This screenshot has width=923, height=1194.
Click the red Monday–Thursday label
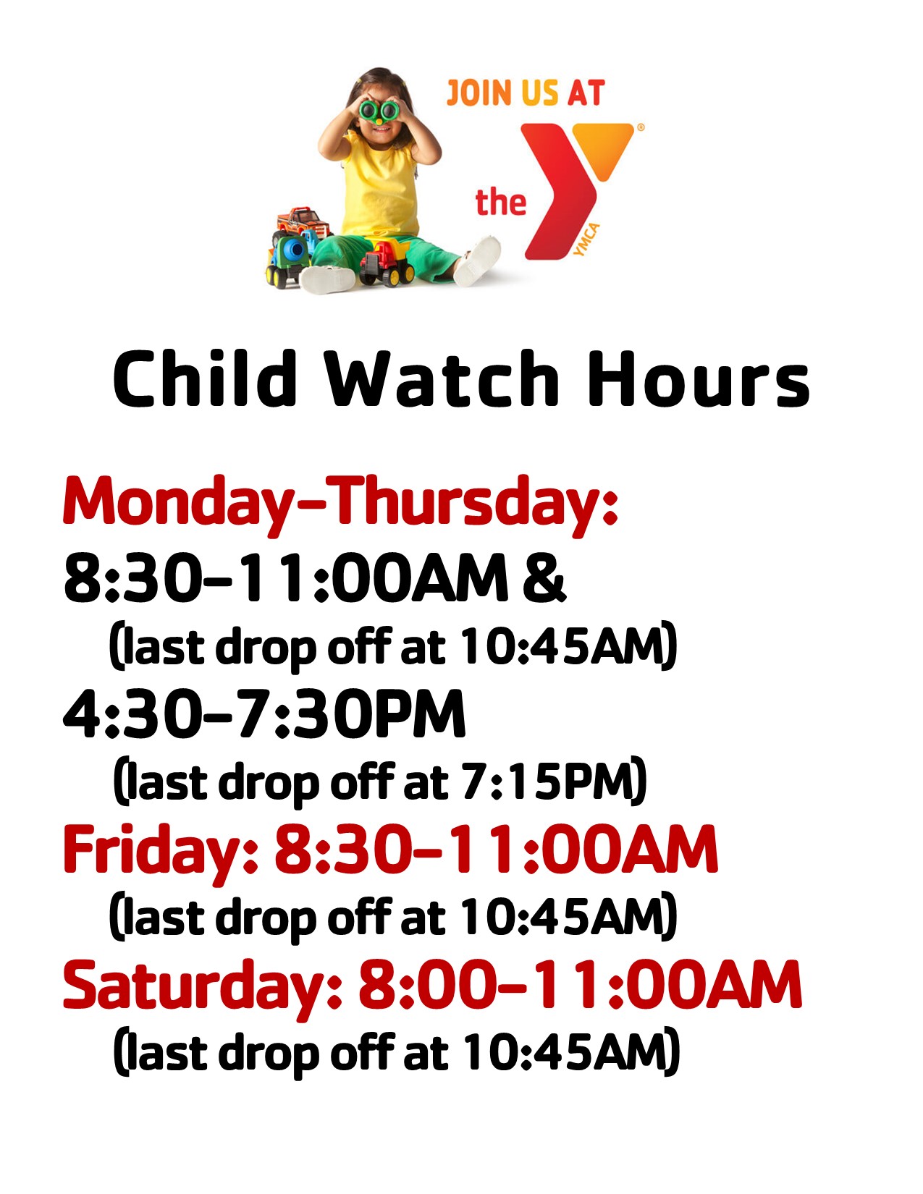coord(340,505)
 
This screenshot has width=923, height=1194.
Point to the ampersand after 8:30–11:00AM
coord(544,579)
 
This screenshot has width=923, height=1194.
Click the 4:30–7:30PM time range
coord(264,714)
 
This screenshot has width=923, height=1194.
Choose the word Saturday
coord(203,987)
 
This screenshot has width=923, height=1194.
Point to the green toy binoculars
coord(379,111)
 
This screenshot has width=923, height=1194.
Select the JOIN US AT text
coord(526,93)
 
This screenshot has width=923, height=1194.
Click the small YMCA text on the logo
coord(586,240)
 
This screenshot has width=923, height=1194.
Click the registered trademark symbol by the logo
coord(641,127)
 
